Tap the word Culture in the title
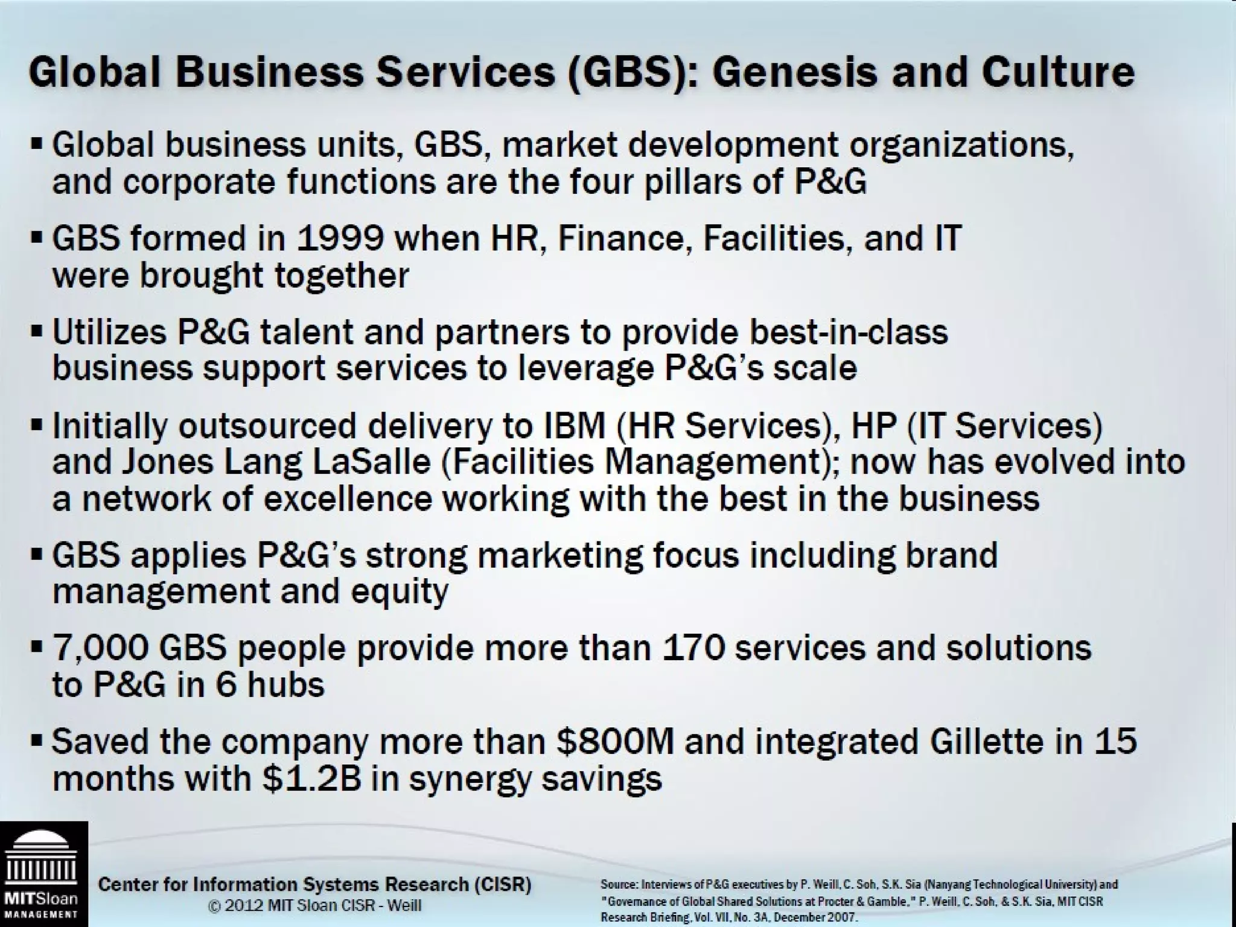click(x=1057, y=72)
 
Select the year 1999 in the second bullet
click(x=340, y=238)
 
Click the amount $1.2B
click(x=312, y=779)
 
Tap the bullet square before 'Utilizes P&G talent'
click(x=38, y=331)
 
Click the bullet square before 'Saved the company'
click(x=38, y=740)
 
